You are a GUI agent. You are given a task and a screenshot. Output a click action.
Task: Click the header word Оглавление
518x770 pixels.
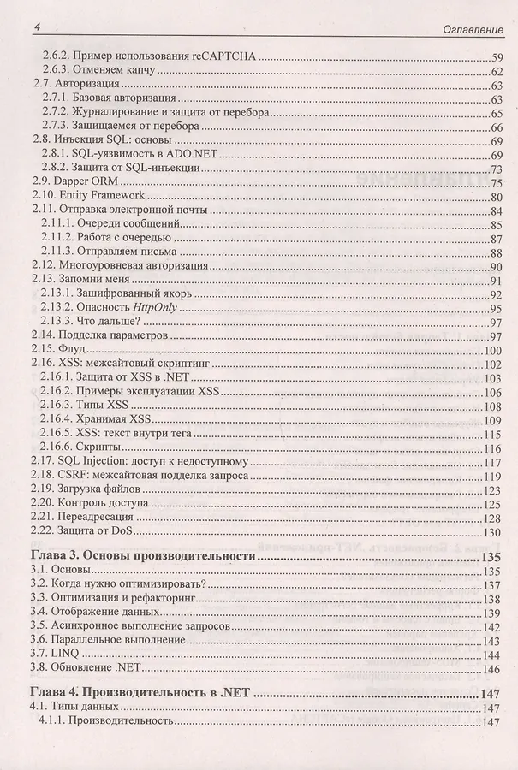pos(470,30)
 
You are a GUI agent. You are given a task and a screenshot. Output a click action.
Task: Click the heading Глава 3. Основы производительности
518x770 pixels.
pos(144,557)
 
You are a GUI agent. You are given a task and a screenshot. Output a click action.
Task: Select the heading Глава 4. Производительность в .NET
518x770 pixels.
pos(138,694)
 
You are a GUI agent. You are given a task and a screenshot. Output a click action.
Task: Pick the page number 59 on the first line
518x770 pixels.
pos(495,56)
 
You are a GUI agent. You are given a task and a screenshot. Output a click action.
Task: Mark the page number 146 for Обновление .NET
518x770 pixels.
pos(491,668)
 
